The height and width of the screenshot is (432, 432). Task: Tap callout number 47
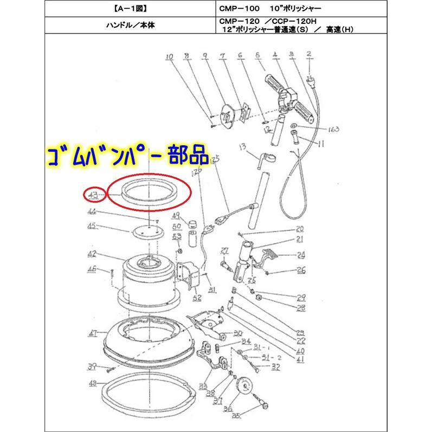pos(93,332)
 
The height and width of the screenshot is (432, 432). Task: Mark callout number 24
pos(300,254)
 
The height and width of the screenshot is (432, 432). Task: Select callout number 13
pos(241,147)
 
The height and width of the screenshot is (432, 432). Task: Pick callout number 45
pos(93,227)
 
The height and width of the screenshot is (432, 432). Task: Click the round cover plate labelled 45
pos(148,231)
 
